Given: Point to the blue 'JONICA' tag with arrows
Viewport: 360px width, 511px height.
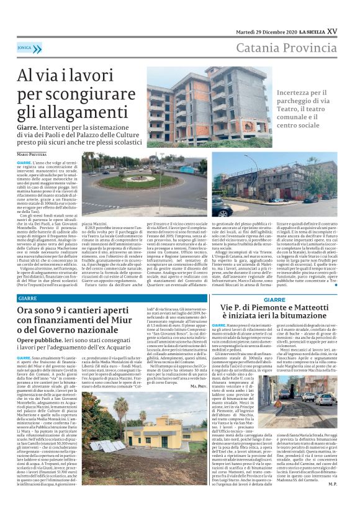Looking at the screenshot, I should coord(25,47).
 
